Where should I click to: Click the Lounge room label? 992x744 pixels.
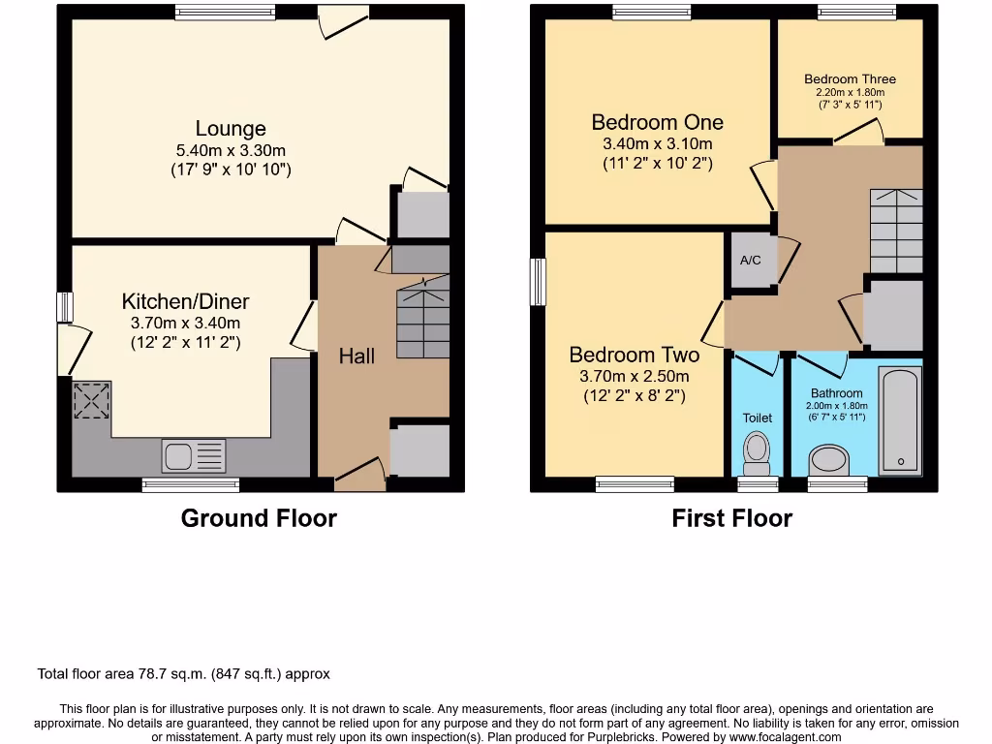[x=231, y=129]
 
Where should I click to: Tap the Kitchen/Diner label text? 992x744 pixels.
[x=185, y=301]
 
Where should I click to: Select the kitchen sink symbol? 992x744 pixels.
[x=194, y=455]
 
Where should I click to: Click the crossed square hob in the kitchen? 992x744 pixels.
[x=92, y=400]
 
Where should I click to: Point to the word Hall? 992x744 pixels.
[x=356, y=356]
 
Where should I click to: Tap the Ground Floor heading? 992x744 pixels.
[x=259, y=518]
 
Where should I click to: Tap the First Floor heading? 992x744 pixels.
[x=731, y=518]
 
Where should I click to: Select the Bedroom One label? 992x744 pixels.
[x=657, y=122]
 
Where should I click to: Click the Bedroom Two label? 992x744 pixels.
[x=634, y=355]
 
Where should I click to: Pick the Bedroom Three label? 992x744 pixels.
[x=850, y=79]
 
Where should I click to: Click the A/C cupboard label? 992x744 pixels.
[x=750, y=261]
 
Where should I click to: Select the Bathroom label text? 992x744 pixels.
[x=836, y=393]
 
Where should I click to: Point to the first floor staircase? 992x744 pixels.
[x=896, y=231]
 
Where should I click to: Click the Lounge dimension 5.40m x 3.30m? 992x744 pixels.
[x=231, y=150]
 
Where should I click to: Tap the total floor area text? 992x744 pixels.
[x=184, y=673]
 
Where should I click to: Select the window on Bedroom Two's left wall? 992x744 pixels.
[x=538, y=281]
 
